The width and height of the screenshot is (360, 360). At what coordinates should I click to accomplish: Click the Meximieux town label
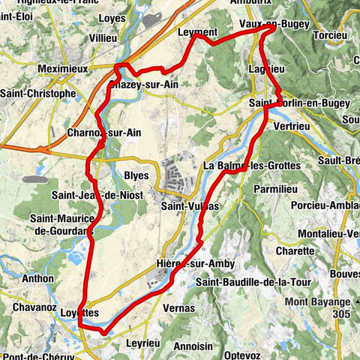click(x=62, y=68)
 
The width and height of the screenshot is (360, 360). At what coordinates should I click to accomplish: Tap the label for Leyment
click(x=198, y=33)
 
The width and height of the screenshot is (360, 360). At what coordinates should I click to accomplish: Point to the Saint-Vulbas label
click(x=190, y=205)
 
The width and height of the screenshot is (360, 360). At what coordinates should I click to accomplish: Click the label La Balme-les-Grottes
click(x=252, y=165)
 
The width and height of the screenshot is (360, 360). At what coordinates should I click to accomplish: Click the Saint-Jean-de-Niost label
click(x=88, y=196)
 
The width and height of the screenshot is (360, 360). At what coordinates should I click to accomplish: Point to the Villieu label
click(x=103, y=37)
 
